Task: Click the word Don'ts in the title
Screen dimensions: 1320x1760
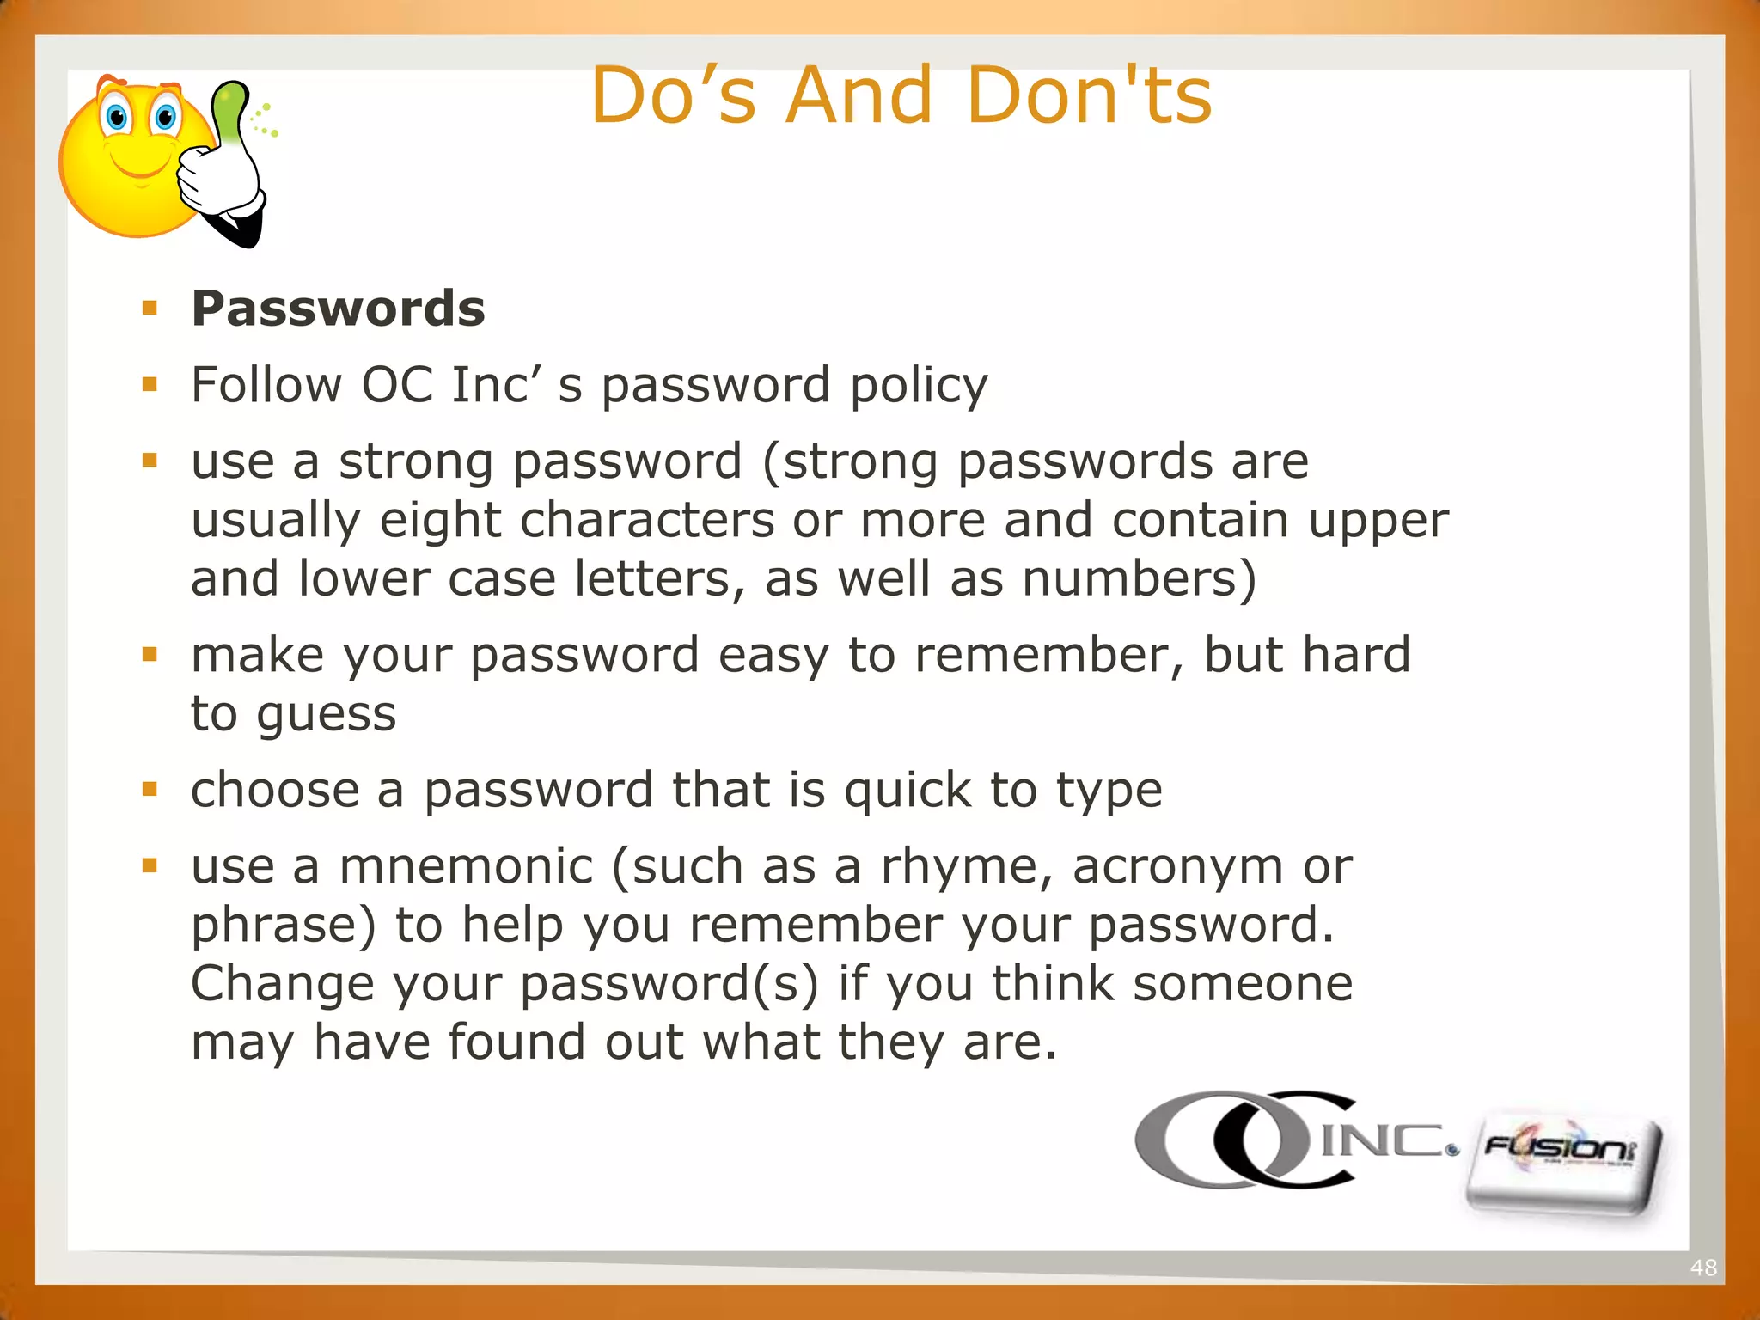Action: (x=1089, y=96)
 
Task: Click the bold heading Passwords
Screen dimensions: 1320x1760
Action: (x=338, y=309)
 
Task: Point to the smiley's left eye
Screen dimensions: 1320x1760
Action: (x=116, y=118)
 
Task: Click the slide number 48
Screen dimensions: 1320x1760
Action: (x=1702, y=1268)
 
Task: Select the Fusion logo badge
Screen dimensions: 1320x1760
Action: (x=1562, y=1164)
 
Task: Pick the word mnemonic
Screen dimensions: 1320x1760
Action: (x=466, y=866)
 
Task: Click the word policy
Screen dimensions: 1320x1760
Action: (x=919, y=386)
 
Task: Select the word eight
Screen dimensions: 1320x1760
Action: (x=440, y=522)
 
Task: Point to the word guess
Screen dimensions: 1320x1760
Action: (x=327, y=714)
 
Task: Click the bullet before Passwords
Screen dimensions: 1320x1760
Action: (x=150, y=308)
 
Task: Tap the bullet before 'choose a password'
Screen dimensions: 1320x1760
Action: (x=150, y=789)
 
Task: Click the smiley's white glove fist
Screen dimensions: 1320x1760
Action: (x=215, y=180)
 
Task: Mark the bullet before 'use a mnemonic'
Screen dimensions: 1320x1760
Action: (x=150, y=865)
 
